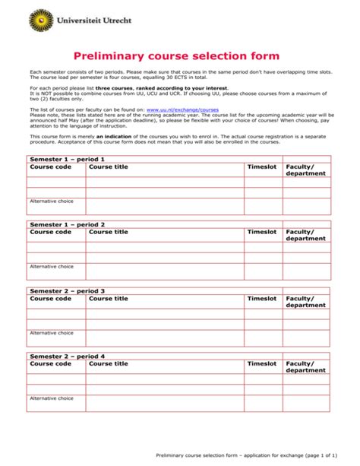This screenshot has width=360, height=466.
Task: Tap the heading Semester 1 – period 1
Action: click(x=67, y=160)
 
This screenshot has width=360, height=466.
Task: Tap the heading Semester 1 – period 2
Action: click(x=67, y=225)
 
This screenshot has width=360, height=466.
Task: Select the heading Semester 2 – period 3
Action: click(x=67, y=290)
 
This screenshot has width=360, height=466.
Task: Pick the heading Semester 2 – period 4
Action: click(x=67, y=356)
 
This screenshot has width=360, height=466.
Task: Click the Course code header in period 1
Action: click(x=50, y=166)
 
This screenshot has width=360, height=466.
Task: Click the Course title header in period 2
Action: click(x=109, y=232)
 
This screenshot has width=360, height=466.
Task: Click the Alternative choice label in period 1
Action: click(x=52, y=201)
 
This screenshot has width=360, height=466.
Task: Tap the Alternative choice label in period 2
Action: click(x=52, y=267)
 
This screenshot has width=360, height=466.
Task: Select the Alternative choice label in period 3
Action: click(x=52, y=332)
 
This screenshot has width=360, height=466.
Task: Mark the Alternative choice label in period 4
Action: click(x=52, y=398)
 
